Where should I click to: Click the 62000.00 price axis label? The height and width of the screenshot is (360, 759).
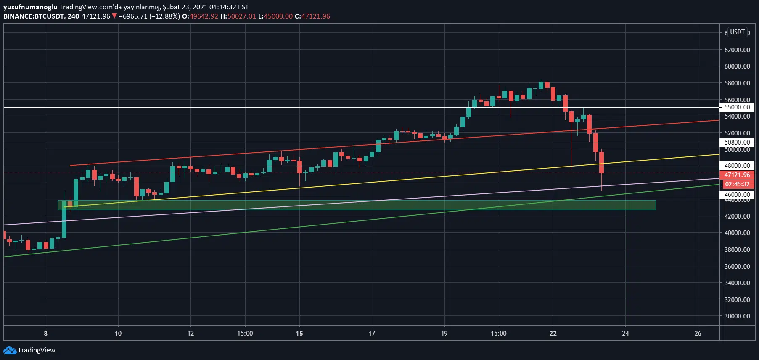(x=737, y=50)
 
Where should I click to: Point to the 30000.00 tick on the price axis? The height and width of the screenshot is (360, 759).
(x=737, y=316)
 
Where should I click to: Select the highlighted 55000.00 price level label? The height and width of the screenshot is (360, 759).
(x=737, y=107)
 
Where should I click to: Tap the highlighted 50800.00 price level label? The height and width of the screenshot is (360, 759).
(x=737, y=143)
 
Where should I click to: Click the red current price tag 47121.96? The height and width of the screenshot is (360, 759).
(x=737, y=175)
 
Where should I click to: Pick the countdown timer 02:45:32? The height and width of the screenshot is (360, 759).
(x=737, y=184)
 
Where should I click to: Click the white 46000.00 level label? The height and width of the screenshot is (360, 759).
(x=737, y=195)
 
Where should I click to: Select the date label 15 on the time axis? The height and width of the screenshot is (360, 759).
(x=299, y=334)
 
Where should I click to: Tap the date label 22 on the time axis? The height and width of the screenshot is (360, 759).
(x=553, y=334)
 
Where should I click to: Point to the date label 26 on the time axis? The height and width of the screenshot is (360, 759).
(x=698, y=334)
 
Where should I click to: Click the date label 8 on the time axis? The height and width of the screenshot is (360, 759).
(x=46, y=334)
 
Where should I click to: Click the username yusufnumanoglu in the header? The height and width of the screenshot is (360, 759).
(x=30, y=7)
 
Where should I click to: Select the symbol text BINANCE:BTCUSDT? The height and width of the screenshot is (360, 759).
(x=34, y=16)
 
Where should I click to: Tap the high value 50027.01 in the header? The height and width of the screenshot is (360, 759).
(x=241, y=16)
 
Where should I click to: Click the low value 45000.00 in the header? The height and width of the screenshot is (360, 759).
(x=278, y=16)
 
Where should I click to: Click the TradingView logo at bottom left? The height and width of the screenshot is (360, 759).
(x=29, y=350)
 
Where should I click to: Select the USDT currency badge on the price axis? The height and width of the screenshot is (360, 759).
(x=737, y=32)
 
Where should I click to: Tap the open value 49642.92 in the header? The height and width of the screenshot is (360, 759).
(x=204, y=16)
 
